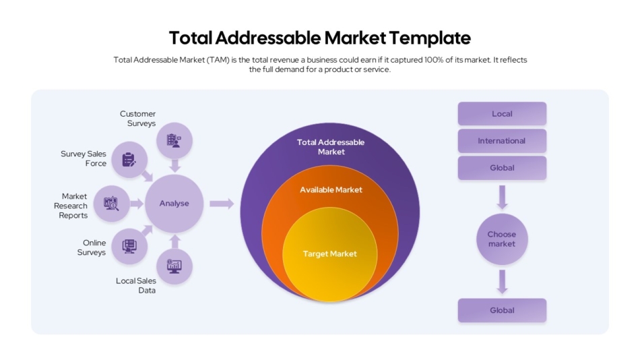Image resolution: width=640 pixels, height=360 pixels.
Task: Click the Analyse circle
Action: pyautogui.click(x=174, y=204)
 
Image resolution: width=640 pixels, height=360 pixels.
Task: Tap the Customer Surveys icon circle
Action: pyautogui.click(x=174, y=141)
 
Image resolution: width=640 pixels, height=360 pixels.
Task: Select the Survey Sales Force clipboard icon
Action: pyautogui.click(x=129, y=160)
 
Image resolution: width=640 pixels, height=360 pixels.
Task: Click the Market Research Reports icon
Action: pyautogui.click(x=111, y=204)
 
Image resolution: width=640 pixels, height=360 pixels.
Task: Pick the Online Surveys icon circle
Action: pyautogui.click(x=129, y=246)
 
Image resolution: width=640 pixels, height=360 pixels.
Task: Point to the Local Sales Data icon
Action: pyautogui.click(x=174, y=266)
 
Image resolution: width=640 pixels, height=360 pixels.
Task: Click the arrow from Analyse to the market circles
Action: pyautogui.click(x=221, y=204)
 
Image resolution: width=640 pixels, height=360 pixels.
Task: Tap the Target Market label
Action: pyautogui.click(x=329, y=254)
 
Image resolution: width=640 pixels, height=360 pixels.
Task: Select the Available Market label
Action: pyautogui.click(x=331, y=190)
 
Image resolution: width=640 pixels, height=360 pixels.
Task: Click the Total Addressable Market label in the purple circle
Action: pyautogui.click(x=331, y=147)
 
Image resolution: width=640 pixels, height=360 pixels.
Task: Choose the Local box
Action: pyautogui.click(x=502, y=114)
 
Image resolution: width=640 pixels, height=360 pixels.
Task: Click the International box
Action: pyautogui.click(x=502, y=141)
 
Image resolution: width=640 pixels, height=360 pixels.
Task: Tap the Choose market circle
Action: pyautogui.click(x=502, y=239)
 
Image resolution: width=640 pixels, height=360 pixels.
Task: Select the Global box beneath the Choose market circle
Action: pyautogui.click(x=502, y=311)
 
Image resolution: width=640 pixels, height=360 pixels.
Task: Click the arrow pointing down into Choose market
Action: pyautogui.click(x=502, y=198)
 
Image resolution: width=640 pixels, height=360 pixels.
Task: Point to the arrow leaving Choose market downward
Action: pyautogui.click(x=502, y=281)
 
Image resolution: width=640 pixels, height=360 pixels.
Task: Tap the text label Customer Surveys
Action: pyautogui.click(x=138, y=119)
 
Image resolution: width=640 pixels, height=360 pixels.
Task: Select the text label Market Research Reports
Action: pyautogui.click(x=71, y=206)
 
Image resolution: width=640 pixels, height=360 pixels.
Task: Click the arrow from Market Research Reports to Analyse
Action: pyautogui.click(x=137, y=204)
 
